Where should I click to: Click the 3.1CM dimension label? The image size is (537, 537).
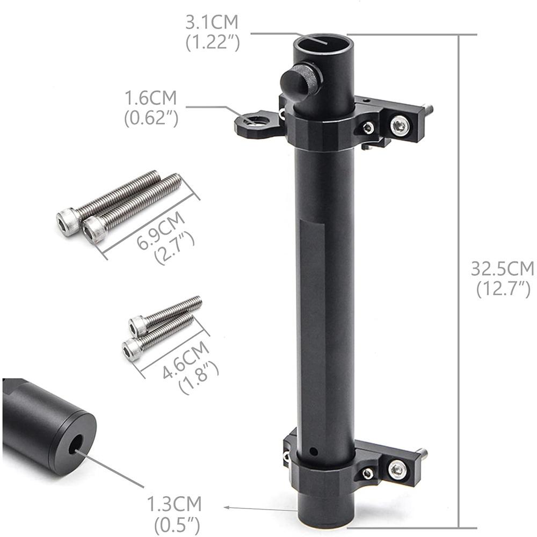(x=212, y=23)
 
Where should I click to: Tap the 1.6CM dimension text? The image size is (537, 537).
(x=151, y=99)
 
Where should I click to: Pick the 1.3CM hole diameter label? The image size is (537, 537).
(x=175, y=505)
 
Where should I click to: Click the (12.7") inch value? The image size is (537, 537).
(x=503, y=289)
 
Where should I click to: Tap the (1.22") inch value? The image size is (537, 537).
(x=213, y=42)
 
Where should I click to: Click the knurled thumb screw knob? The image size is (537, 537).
(x=301, y=79)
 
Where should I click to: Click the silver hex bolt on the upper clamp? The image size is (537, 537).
(x=399, y=126)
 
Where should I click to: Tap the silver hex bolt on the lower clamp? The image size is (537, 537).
(x=397, y=469)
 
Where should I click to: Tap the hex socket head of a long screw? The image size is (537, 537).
(x=67, y=221)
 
